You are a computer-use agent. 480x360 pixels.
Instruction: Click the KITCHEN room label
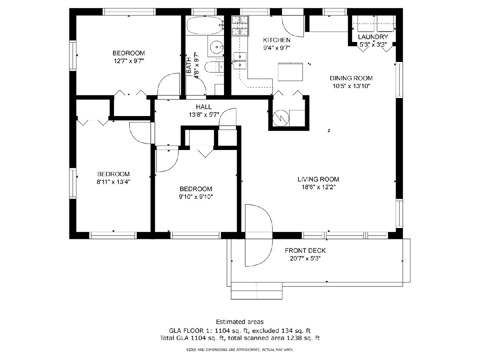276,40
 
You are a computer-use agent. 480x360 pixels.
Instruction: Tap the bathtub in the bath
205,26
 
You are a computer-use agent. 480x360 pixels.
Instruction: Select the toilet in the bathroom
214,67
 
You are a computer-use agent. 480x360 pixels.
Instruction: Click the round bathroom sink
216,47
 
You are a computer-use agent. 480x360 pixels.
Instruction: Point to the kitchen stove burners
240,26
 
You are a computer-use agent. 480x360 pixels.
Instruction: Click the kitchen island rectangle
290,72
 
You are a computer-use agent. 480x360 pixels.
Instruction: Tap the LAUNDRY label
373,37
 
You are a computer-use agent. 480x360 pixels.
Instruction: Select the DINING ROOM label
351,78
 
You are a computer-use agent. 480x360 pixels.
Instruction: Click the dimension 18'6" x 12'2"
318,187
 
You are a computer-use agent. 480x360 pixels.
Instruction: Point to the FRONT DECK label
305,250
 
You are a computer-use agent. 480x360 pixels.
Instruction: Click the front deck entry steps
256,290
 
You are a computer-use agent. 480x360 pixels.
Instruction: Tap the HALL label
204,107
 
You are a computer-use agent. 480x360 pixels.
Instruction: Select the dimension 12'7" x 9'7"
129,61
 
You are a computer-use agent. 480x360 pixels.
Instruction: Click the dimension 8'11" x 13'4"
114,182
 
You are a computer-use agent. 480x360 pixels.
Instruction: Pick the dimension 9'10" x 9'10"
196,197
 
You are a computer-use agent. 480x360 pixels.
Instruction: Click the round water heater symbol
281,118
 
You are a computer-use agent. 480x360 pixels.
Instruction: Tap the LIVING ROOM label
318,179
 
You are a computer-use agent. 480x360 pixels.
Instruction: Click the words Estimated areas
240,322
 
